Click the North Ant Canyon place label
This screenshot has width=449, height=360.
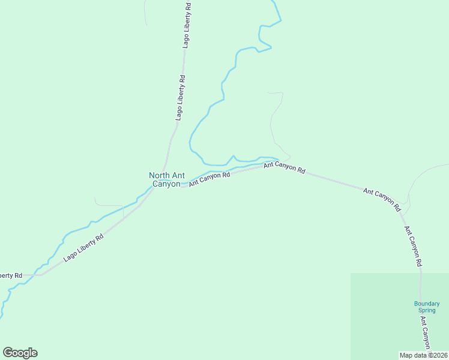[166, 179]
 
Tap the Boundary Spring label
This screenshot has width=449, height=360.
[427, 307]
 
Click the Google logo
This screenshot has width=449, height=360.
[20, 353]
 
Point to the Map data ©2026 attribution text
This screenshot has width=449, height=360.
[423, 355]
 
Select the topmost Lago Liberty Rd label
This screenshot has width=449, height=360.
[187, 25]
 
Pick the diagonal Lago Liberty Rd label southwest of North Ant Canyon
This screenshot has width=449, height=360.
[83, 247]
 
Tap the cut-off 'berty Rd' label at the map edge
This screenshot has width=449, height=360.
[11, 275]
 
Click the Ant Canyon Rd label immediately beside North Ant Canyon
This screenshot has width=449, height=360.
[209, 179]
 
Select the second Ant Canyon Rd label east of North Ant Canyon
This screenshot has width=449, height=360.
[285, 167]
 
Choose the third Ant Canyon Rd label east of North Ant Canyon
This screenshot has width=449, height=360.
[382, 199]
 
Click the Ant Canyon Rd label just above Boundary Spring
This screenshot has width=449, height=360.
[413, 246]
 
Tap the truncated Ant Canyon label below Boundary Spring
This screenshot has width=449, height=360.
[425, 338]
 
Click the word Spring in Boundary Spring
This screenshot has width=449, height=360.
[427, 310]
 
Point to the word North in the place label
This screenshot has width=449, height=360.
[159, 175]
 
